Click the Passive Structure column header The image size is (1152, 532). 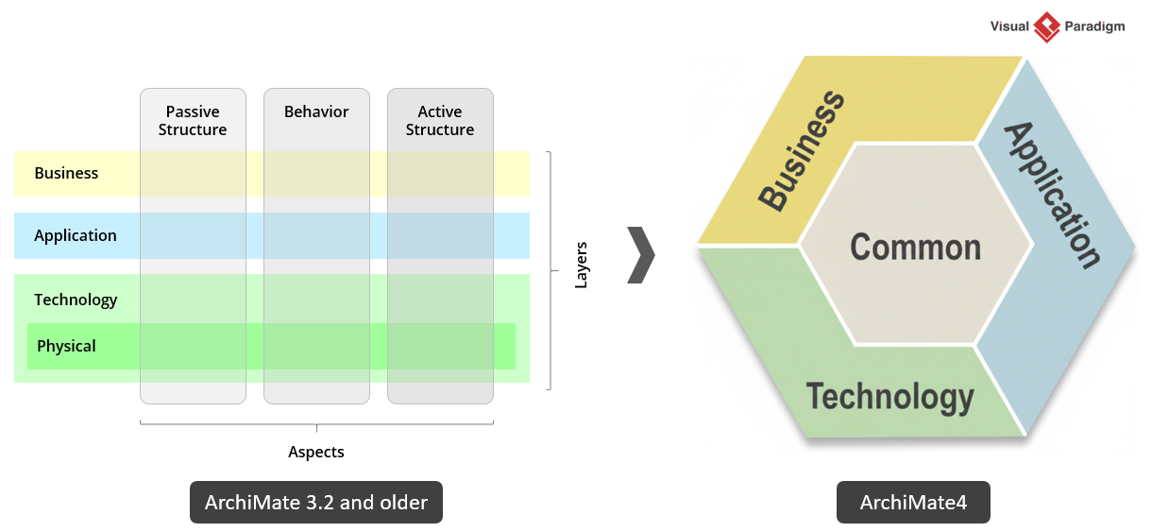(193, 121)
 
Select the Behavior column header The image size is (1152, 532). (316, 112)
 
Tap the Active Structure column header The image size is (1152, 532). (440, 121)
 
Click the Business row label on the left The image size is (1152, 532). (66, 174)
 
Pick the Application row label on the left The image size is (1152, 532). (76, 236)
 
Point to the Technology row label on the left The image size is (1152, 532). (76, 300)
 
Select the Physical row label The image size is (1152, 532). (66, 347)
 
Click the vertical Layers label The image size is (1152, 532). (582, 266)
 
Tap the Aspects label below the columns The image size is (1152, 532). (316, 453)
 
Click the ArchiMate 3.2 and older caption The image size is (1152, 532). (316, 503)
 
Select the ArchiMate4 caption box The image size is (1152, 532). (913, 503)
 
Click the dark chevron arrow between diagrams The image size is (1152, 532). (641, 255)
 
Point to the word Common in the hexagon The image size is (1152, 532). (915, 248)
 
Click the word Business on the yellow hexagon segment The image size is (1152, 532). (802, 151)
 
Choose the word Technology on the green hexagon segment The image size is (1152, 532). (889, 397)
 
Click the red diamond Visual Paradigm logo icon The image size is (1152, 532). (1047, 26)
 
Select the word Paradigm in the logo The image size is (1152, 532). (1093, 26)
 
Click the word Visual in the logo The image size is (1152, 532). (1009, 26)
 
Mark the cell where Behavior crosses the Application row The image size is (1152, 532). (316, 236)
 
